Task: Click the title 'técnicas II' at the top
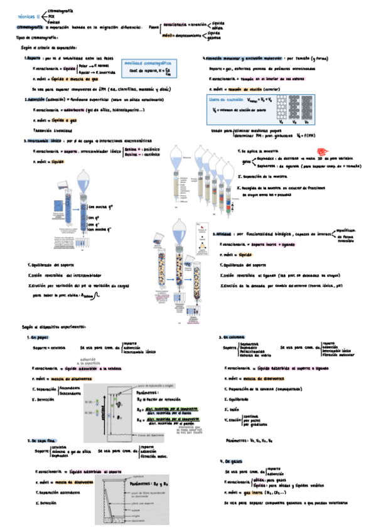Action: (x=30, y=17)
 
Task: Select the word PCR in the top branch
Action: (x=51, y=17)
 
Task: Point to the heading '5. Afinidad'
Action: (x=223, y=233)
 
